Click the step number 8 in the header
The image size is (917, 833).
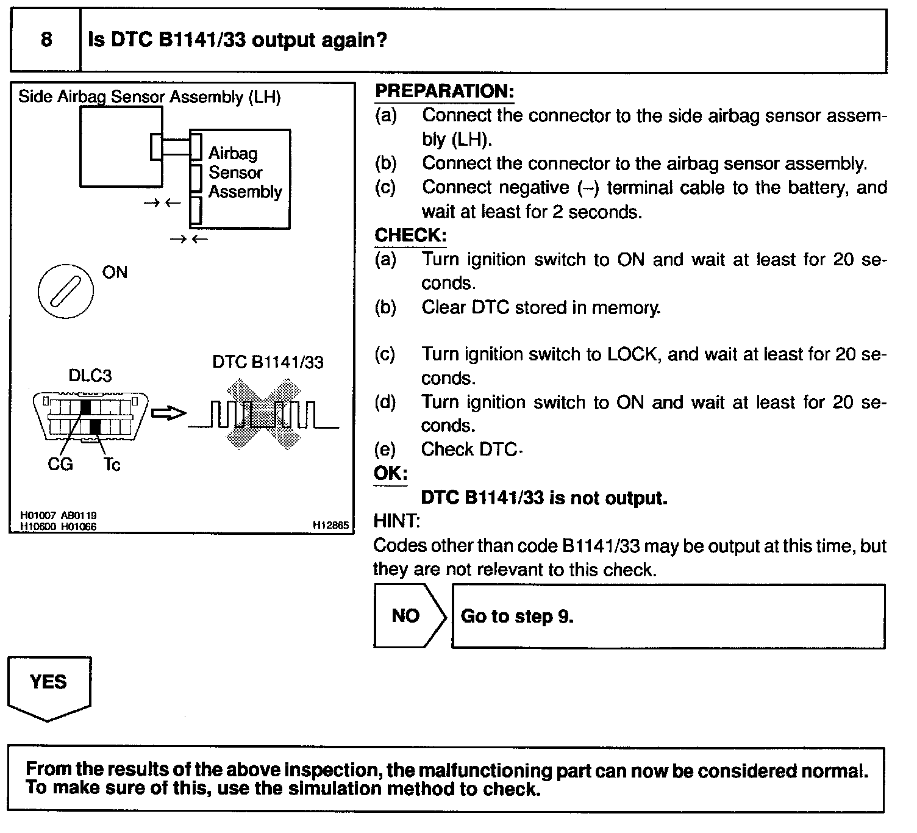46,39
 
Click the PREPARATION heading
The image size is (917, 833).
444,91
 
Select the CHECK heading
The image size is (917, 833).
410,235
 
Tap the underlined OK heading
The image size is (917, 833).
390,473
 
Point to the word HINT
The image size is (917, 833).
396,521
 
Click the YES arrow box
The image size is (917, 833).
49,688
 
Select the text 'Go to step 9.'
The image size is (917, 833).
516,617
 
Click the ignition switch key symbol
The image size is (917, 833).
66,291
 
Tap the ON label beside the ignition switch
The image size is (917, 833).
115,273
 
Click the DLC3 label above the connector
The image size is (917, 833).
90,376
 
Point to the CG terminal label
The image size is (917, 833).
60,464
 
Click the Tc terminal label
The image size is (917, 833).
112,465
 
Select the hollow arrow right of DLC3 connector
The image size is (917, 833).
169,413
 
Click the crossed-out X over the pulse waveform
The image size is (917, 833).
264,414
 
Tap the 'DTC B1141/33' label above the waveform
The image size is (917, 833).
268,362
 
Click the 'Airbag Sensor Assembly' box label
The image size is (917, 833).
245,173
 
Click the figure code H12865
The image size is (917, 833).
330,525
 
